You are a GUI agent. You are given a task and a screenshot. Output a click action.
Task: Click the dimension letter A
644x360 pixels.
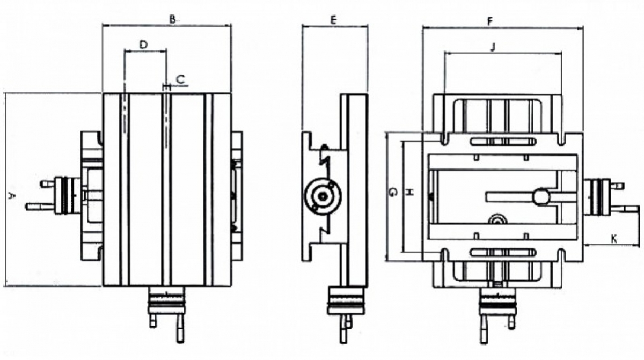11,196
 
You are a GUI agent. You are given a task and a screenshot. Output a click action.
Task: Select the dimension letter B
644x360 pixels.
172,19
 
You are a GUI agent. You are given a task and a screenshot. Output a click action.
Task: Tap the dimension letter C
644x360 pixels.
180,79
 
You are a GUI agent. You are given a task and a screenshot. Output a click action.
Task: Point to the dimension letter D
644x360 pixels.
143,45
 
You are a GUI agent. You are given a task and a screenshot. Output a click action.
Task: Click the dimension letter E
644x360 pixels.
333,20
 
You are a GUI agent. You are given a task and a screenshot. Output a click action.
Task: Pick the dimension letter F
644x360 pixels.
490,21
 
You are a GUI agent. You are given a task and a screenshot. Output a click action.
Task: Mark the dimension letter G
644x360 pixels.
393,192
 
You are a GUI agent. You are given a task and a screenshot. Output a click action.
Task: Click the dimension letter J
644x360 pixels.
493,47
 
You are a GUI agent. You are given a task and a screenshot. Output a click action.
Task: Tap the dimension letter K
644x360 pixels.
614,238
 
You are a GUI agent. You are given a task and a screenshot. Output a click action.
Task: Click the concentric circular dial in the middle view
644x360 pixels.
323,196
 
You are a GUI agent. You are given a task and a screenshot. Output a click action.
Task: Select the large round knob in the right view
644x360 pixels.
541,197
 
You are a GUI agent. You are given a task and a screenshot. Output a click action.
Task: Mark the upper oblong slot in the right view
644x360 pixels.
503,141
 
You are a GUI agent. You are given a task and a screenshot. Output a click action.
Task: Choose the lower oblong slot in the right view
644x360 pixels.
503,252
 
